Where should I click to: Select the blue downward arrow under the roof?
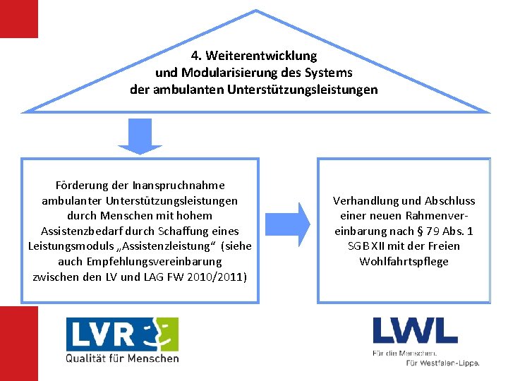pos(140,136)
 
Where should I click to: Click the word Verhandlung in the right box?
pos(366,201)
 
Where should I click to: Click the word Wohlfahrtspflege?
pos(404,262)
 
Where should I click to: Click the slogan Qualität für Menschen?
pos(122,358)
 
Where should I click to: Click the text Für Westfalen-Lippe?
pos(442,363)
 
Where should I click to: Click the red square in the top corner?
pos(18,18)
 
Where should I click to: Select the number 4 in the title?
pos(195,56)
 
